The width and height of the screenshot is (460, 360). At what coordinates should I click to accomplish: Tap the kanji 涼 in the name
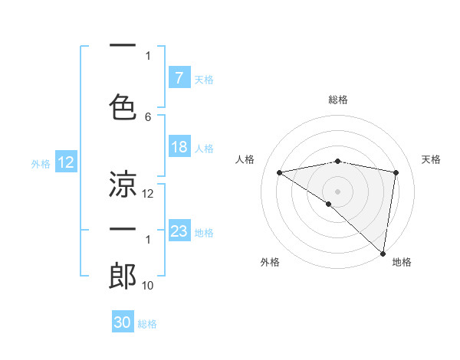point(123,184)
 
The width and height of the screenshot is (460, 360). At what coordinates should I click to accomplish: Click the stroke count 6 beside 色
point(148,117)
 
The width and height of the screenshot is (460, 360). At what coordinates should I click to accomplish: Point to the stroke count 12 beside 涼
point(148,194)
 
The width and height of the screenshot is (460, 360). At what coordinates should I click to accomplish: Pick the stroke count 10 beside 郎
point(148,286)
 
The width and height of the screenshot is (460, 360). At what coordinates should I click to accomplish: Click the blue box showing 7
point(179,78)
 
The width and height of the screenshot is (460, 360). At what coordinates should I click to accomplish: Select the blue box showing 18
point(179,147)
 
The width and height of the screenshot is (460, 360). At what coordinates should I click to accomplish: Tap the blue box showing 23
point(179,231)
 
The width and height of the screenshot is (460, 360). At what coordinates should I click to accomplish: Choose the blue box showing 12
point(66,162)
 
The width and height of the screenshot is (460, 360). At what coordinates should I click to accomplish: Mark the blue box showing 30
point(123,322)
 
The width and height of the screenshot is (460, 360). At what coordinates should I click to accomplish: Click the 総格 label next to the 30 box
point(147,324)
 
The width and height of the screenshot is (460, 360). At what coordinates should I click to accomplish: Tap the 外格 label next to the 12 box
point(41,163)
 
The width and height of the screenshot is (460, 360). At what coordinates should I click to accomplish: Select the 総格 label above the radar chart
point(337,100)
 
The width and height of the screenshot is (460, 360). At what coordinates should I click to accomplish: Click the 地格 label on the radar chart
point(402,262)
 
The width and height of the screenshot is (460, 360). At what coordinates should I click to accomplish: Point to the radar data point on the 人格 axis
point(279,172)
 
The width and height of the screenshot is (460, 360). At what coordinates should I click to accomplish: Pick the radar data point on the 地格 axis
point(383,253)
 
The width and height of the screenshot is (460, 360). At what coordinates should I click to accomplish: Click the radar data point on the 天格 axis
point(396,172)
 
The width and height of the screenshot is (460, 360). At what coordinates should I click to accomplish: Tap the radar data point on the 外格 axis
point(328,204)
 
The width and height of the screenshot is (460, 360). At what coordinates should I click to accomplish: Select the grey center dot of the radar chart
point(337,191)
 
